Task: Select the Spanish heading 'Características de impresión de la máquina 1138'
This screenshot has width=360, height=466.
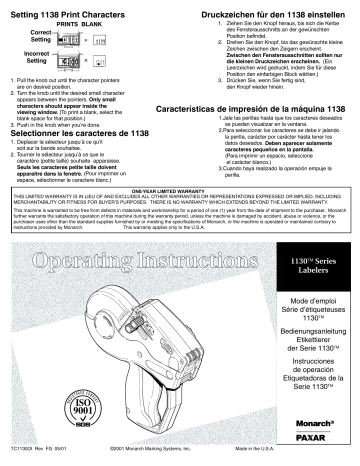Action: click(266, 133)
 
